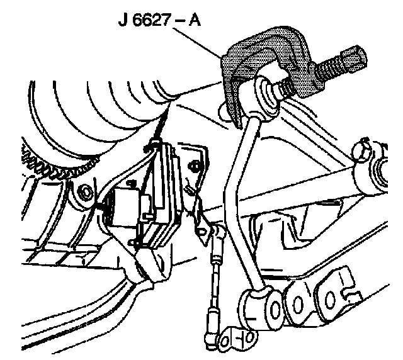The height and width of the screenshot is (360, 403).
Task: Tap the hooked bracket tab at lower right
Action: tap(343, 283)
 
